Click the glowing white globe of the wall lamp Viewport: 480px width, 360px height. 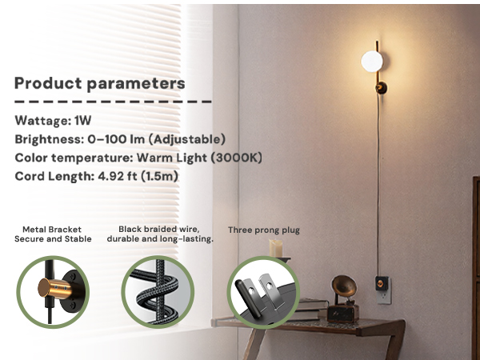point(372,61)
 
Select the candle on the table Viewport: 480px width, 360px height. point(276,249)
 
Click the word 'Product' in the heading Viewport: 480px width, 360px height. point(46,83)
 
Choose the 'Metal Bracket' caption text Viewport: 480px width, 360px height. point(53,229)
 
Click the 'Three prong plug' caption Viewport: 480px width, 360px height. point(263,230)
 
